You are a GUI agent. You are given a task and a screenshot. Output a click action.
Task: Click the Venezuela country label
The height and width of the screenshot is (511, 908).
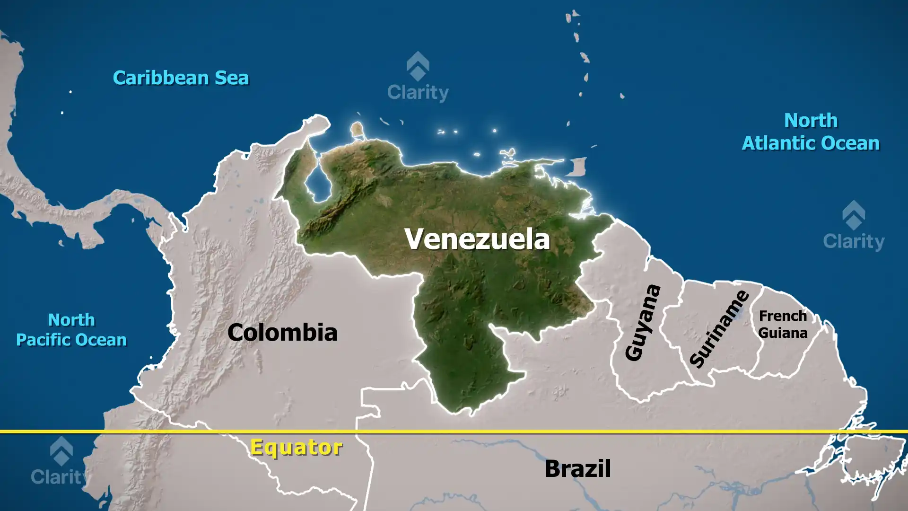pyautogui.click(x=477, y=239)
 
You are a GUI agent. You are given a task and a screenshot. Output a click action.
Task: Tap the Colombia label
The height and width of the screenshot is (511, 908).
pyautogui.click(x=282, y=332)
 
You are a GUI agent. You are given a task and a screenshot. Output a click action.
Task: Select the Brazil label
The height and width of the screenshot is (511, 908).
pyautogui.click(x=577, y=468)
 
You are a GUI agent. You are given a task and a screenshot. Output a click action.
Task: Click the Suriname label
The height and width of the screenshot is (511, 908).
pyautogui.click(x=719, y=329)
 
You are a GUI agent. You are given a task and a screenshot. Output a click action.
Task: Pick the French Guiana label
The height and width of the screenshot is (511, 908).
pyautogui.click(x=783, y=324)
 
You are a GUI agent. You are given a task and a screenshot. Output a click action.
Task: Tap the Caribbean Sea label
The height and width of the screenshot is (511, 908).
pyautogui.click(x=181, y=78)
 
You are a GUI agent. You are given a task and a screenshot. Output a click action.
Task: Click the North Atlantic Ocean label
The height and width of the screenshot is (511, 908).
pyautogui.click(x=811, y=132)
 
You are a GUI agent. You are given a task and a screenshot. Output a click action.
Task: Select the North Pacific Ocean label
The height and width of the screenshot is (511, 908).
pyautogui.click(x=71, y=330)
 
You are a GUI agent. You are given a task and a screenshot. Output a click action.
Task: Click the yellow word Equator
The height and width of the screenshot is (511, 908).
pyautogui.click(x=296, y=447)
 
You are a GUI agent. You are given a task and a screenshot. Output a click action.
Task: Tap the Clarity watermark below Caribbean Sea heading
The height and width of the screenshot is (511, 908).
pyautogui.click(x=418, y=78)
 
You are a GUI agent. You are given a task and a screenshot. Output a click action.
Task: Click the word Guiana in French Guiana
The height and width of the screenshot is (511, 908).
pyautogui.click(x=783, y=333)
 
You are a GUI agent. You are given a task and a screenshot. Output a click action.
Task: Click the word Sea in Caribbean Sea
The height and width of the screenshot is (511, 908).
pyautogui.click(x=232, y=78)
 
